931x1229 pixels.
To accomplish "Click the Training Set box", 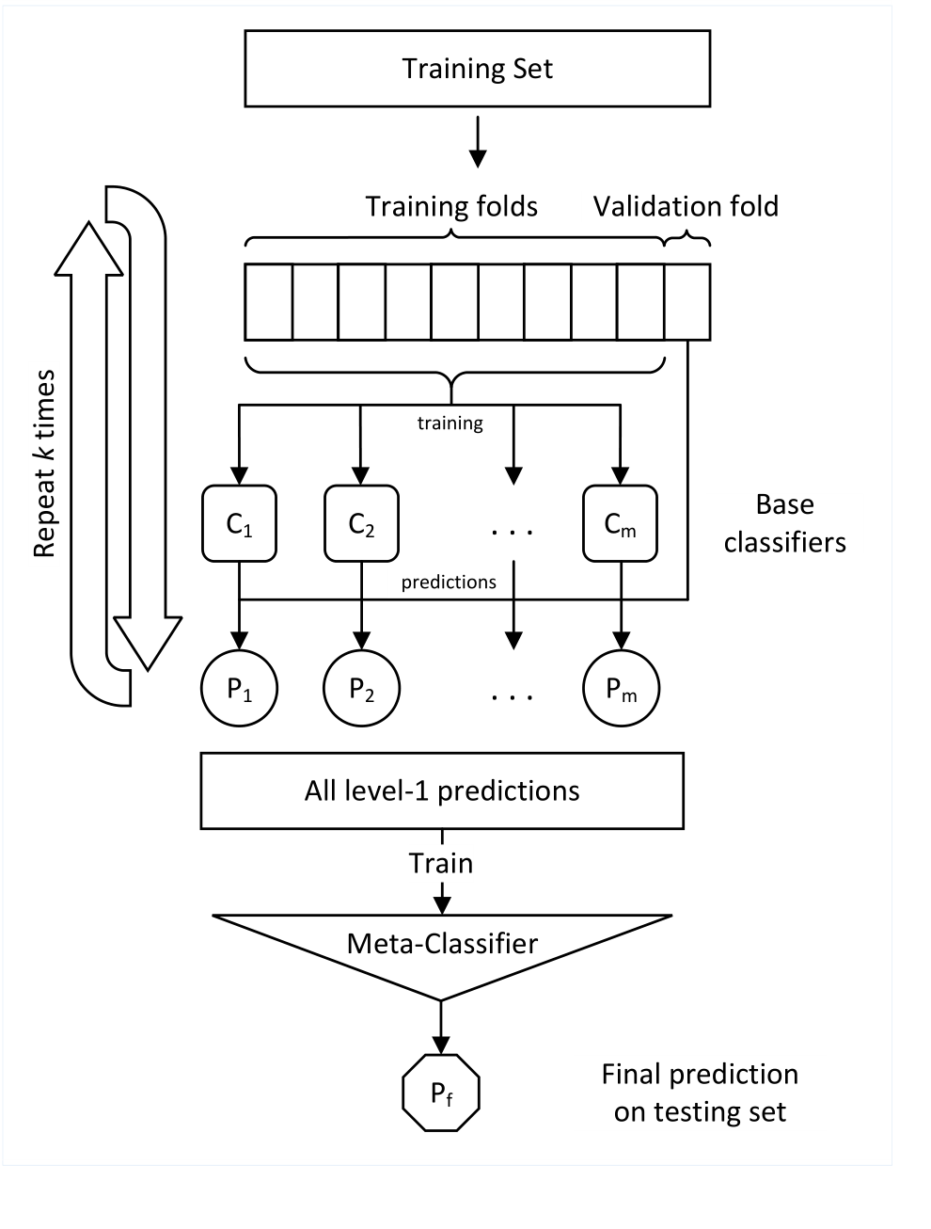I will coord(477,69).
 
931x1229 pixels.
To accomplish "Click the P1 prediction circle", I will coord(240,688).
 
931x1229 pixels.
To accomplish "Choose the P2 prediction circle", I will coord(361,688).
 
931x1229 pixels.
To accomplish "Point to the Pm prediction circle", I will coord(621,688).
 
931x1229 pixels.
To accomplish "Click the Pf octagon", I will coord(441,1093).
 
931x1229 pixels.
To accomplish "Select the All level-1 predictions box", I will coord(442,790).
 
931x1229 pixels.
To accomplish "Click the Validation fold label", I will coord(686,206).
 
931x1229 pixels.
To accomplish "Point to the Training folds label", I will coord(451,206).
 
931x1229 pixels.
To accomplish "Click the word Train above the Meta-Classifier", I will coord(440,863).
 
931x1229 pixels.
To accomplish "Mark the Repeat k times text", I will coord(45,464).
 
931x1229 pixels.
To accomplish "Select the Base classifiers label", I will coord(784,523).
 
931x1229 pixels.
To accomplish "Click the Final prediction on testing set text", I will coord(700,1093).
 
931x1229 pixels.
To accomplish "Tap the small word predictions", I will coord(449,583).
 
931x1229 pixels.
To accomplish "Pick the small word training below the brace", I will coord(450,423).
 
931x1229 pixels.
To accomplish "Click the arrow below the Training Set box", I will coord(478,141).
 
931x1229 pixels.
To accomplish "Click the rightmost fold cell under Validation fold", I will coord(687,301).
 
